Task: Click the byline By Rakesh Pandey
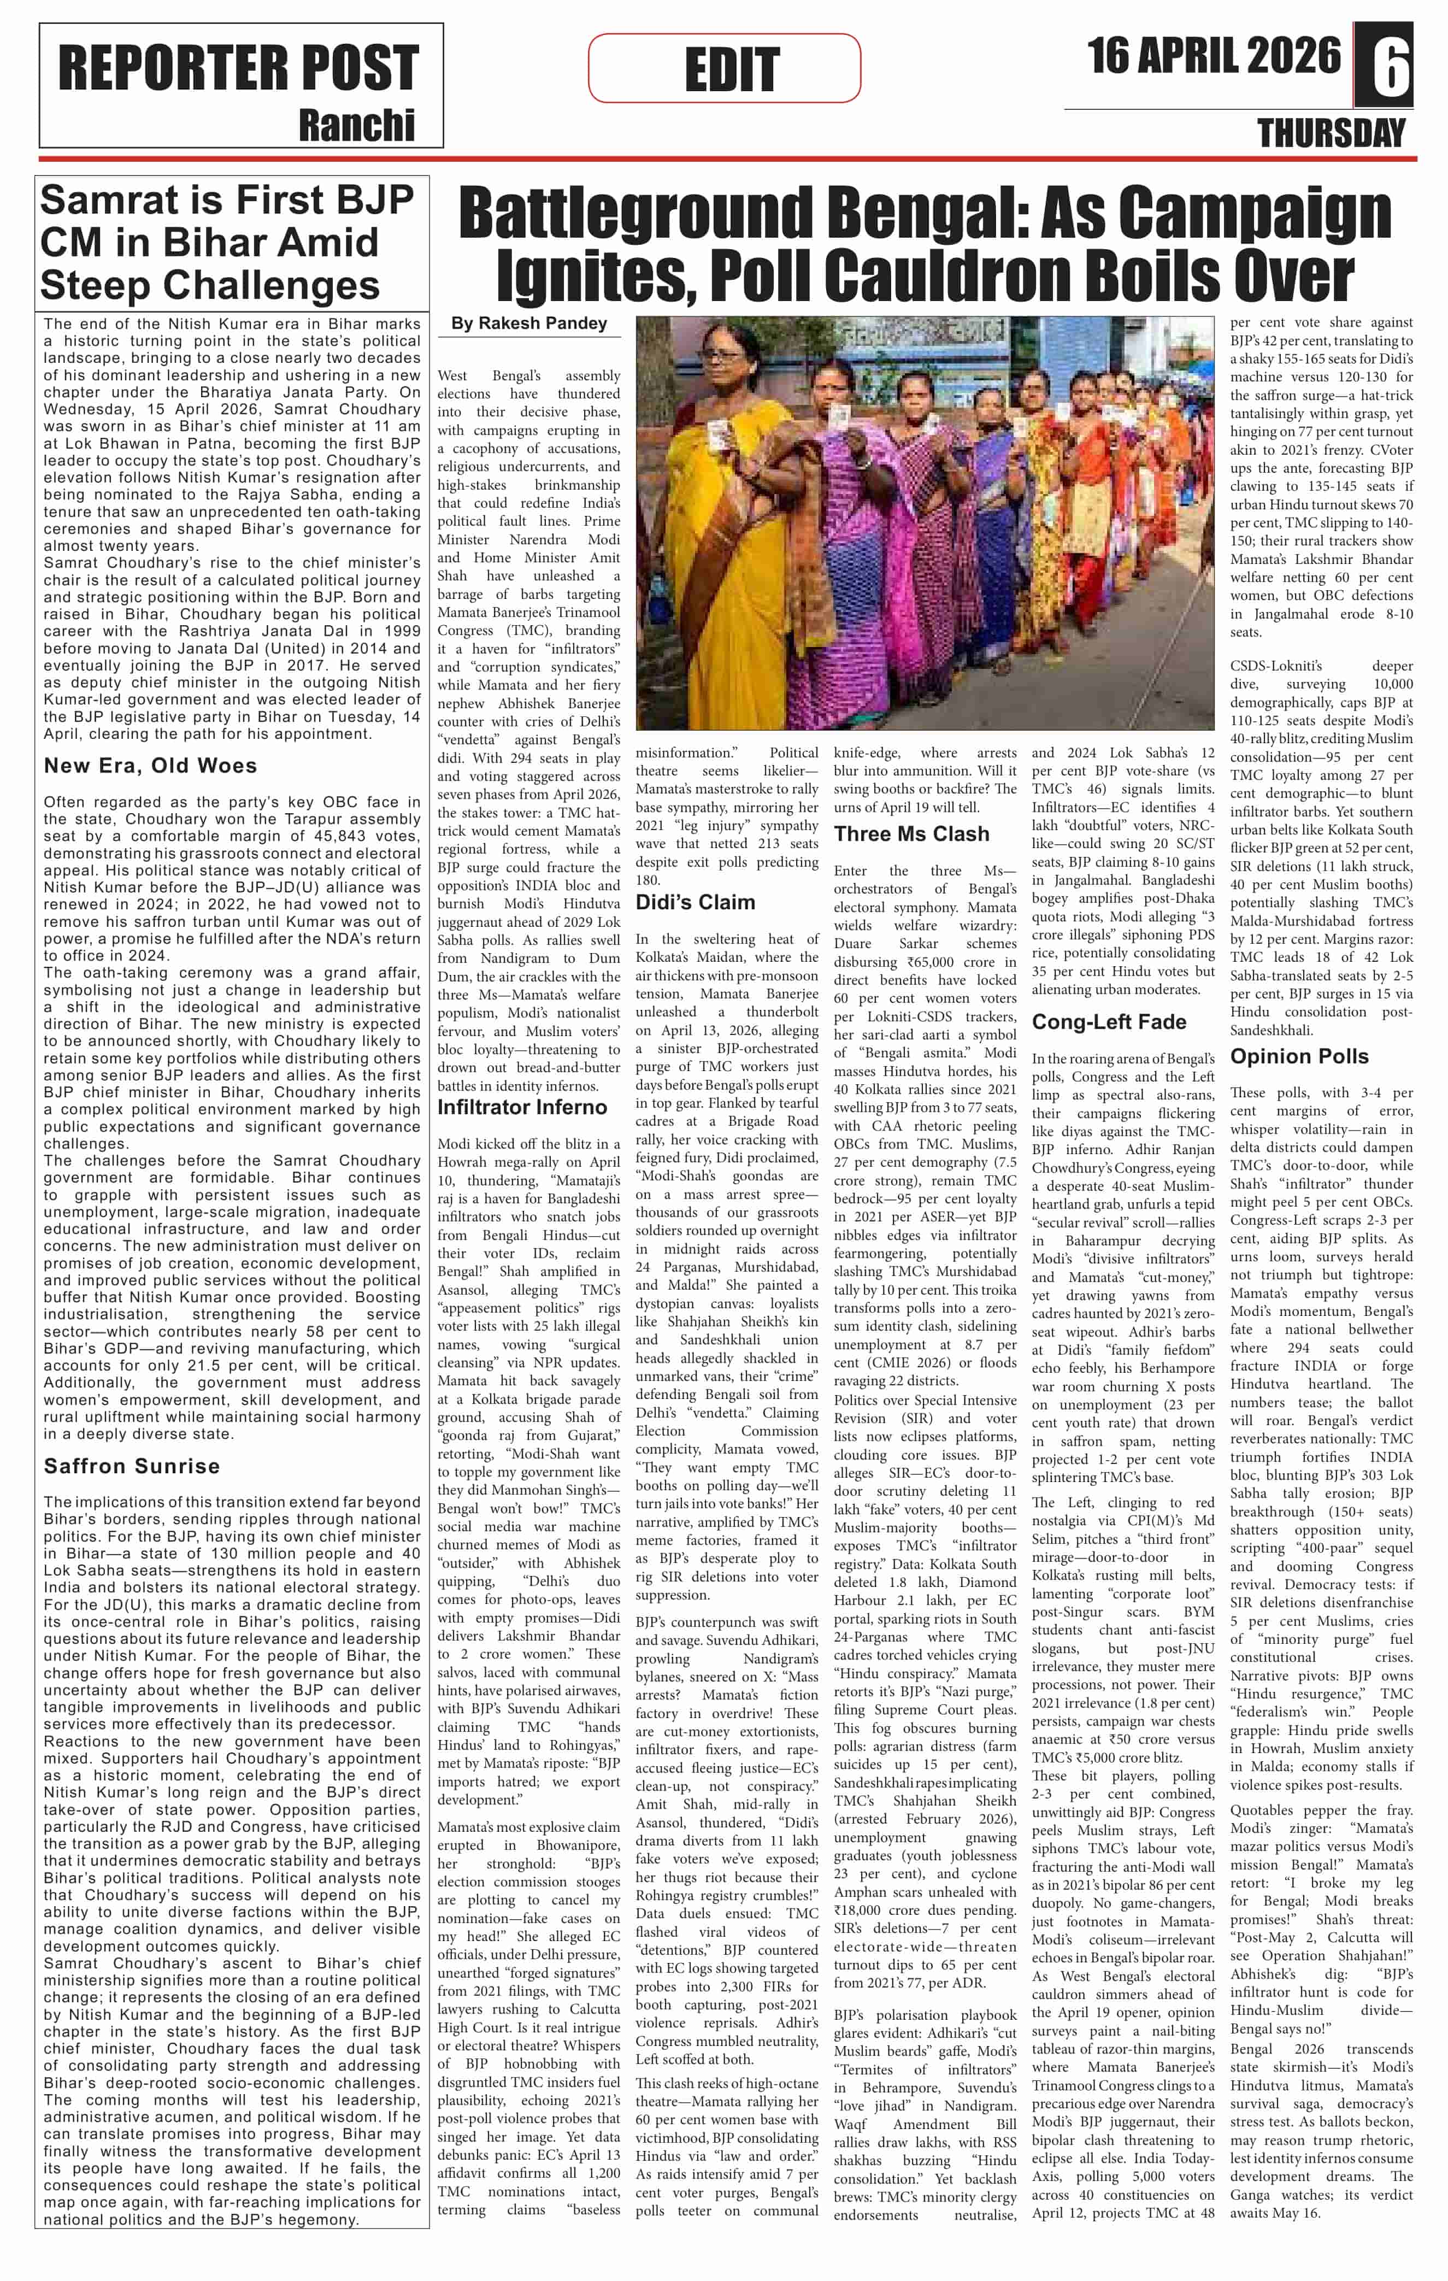coord(528,323)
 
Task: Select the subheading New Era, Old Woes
coord(150,766)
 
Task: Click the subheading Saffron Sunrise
coord(132,1466)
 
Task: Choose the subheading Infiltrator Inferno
coord(522,1107)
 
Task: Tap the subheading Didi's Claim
coord(695,902)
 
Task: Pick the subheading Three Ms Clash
coord(911,833)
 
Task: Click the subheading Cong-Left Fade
coord(1108,1021)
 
